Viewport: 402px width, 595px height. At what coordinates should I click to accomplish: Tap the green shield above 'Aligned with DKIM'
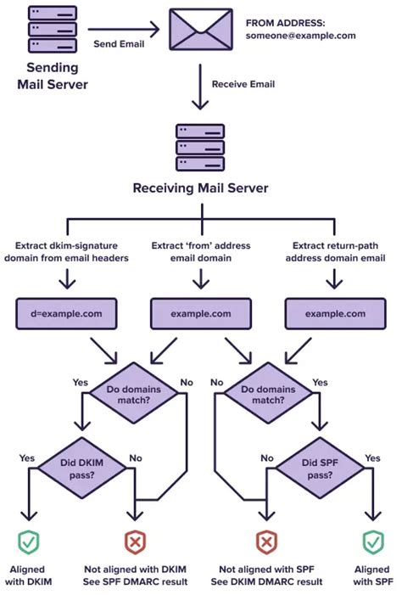click(x=31, y=541)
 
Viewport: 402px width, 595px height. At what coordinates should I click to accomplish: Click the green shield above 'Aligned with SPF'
click(x=372, y=541)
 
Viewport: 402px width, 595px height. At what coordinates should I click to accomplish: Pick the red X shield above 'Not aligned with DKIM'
click(x=135, y=541)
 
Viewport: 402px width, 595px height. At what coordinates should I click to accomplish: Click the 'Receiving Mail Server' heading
click(x=200, y=187)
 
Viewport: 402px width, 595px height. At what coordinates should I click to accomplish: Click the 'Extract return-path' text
click(x=336, y=245)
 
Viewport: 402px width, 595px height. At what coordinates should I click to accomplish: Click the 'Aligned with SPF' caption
click(x=372, y=575)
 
